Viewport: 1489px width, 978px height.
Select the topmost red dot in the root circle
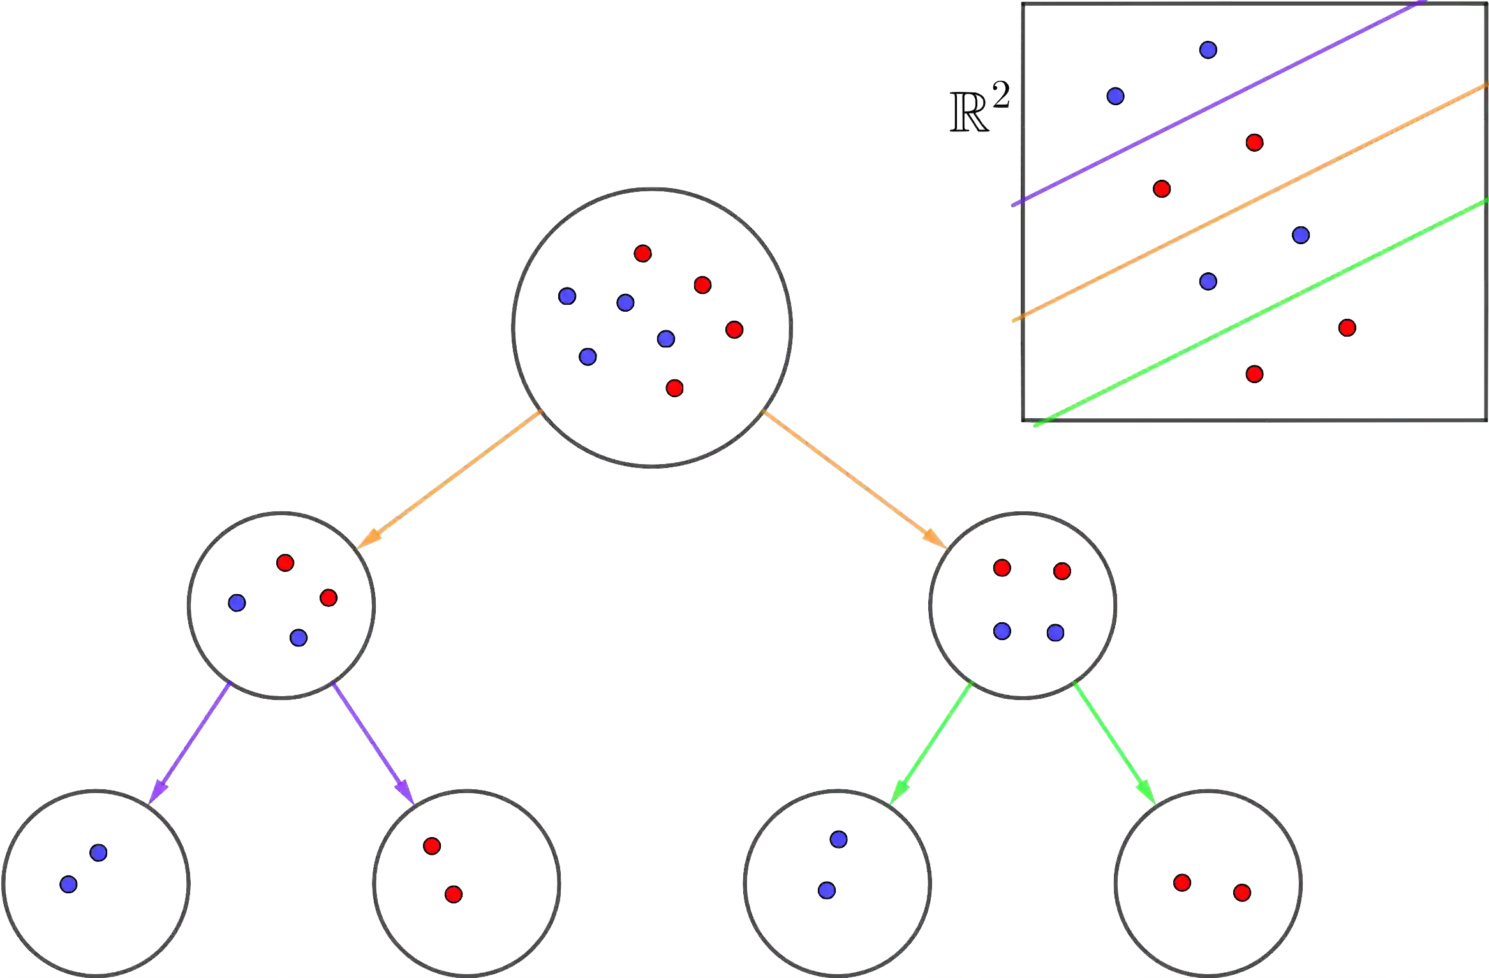tap(642, 254)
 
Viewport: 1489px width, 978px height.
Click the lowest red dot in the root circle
tap(674, 388)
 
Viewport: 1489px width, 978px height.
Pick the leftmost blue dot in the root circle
tap(567, 296)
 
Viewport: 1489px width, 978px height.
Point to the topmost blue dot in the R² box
tap(1208, 50)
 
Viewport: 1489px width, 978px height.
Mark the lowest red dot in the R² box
tap(1254, 374)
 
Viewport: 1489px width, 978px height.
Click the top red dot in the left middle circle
tap(285, 562)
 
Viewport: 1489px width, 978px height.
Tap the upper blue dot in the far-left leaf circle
tap(98, 852)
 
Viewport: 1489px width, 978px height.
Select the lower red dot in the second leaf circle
tap(453, 894)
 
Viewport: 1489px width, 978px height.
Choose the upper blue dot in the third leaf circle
tap(838, 840)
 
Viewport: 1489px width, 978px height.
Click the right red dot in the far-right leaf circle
tap(1241, 892)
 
